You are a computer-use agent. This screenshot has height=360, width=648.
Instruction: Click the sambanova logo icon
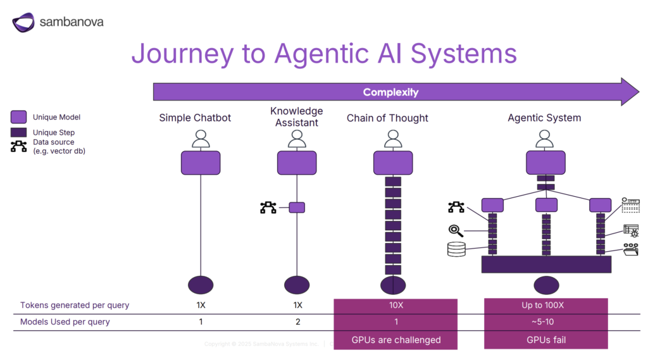(x=23, y=23)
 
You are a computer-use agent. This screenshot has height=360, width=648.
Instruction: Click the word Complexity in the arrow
(x=390, y=92)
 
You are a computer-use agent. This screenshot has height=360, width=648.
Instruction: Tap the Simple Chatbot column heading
(x=195, y=118)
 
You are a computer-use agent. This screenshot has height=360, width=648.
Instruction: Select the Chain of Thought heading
(x=387, y=118)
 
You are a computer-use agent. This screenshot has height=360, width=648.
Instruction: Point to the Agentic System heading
(x=544, y=118)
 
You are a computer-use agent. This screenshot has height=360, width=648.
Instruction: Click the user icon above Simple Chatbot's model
(x=201, y=139)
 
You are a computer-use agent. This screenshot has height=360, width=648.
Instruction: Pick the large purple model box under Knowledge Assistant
(x=297, y=163)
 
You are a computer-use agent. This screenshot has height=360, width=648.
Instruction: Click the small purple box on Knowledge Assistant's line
(x=297, y=208)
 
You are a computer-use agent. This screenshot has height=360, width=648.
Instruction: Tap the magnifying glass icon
(x=456, y=230)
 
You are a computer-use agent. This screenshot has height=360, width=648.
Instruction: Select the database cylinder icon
(x=456, y=249)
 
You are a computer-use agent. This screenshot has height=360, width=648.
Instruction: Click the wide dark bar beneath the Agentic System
(x=546, y=264)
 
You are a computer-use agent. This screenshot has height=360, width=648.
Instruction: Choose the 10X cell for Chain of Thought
(x=396, y=305)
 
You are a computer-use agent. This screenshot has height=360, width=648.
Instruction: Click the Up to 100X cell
(x=546, y=305)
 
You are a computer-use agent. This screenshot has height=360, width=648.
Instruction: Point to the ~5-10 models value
(x=546, y=322)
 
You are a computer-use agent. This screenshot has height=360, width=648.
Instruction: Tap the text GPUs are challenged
(x=396, y=340)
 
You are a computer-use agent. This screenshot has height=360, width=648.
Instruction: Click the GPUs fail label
(x=546, y=340)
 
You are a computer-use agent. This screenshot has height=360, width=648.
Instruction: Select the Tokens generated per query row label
(x=75, y=305)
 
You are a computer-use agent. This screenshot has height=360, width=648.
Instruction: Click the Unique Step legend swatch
(x=19, y=133)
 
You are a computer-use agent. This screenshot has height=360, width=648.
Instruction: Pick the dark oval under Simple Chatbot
(x=201, y=285)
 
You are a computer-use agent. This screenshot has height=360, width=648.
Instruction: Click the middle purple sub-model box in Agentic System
(x=546, y=205)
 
